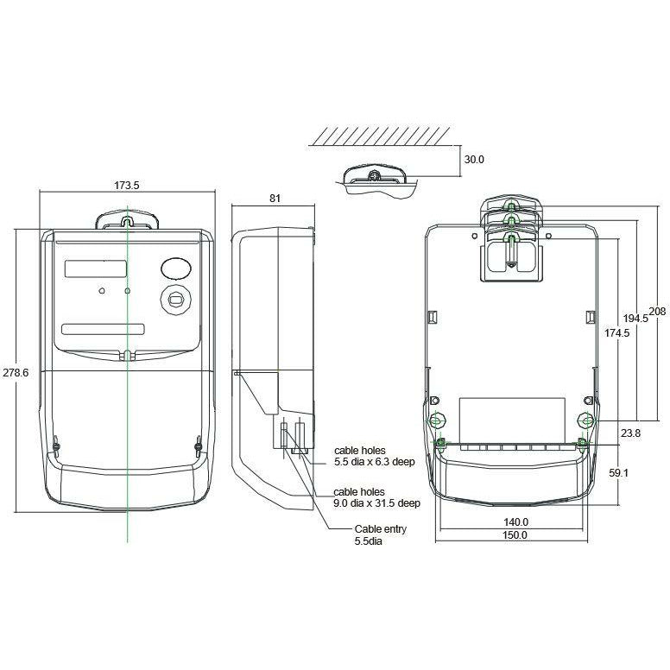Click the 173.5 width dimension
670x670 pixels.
(126, 186)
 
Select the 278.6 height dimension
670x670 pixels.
(16, 373)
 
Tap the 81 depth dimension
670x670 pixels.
(275, 199)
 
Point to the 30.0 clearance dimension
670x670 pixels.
(474, 160)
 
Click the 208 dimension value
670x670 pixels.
(657, 312)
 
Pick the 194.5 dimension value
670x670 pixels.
(635, 319)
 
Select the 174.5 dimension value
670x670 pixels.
(616, 333)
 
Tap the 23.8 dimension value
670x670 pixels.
(630, 433)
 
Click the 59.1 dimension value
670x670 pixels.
(618, 473)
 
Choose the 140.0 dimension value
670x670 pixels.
(515, 522)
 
